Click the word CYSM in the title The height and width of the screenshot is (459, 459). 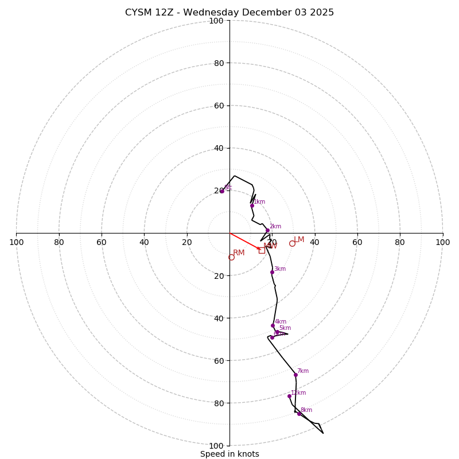pyautogui.click(x=139, y=13)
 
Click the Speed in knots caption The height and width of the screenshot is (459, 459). pyautogui.click(x=229, y=454)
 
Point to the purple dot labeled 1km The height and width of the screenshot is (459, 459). pyautogui.click(x=252, y=205)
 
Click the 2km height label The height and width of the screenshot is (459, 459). pyautogui.click(x=275, y=227)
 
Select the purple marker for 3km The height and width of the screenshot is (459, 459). pyautogui.click(x=272, y=272)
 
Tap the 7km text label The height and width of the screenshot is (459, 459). pyautogui.click(x=303, y=371)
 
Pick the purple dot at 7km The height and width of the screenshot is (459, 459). pyautogui.click(x=295, y=375)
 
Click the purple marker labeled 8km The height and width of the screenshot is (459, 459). pyautogui.click(x=299, y=414)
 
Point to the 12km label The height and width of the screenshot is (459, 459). pyautogui.click(x=298, y=393)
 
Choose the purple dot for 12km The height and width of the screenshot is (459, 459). pyautogui.click(x=289, y=396)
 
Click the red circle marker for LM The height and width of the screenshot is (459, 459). pyautogui.click(x=292, y=243)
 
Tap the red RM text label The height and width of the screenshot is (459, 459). pyautogui.click(x=239, y=253)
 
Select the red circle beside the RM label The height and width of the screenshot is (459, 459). pyautogui.click(x=231, y=258)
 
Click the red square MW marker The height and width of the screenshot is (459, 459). pyautogui.click(x=262, y=250)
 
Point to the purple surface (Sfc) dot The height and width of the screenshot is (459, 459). pyautogui.click(x=222, y=191)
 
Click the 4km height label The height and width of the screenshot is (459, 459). pyautogui.click(x=281, y=322)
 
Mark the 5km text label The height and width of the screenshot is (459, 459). pyautogui.click(x=285, y=328)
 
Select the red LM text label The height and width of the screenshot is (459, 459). pyautogui.click(x=299, y=240)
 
